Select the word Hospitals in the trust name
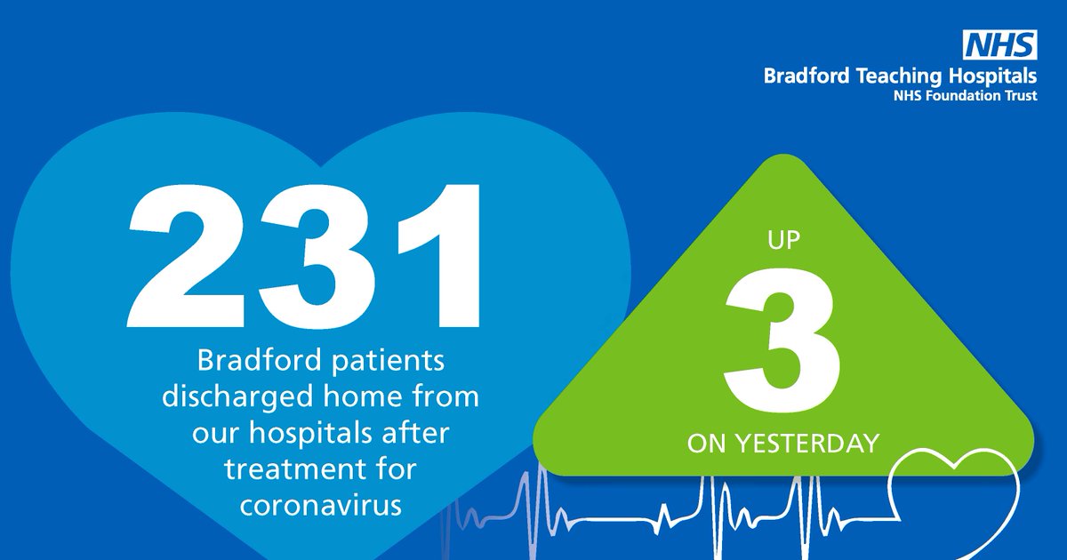coord(989,77)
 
